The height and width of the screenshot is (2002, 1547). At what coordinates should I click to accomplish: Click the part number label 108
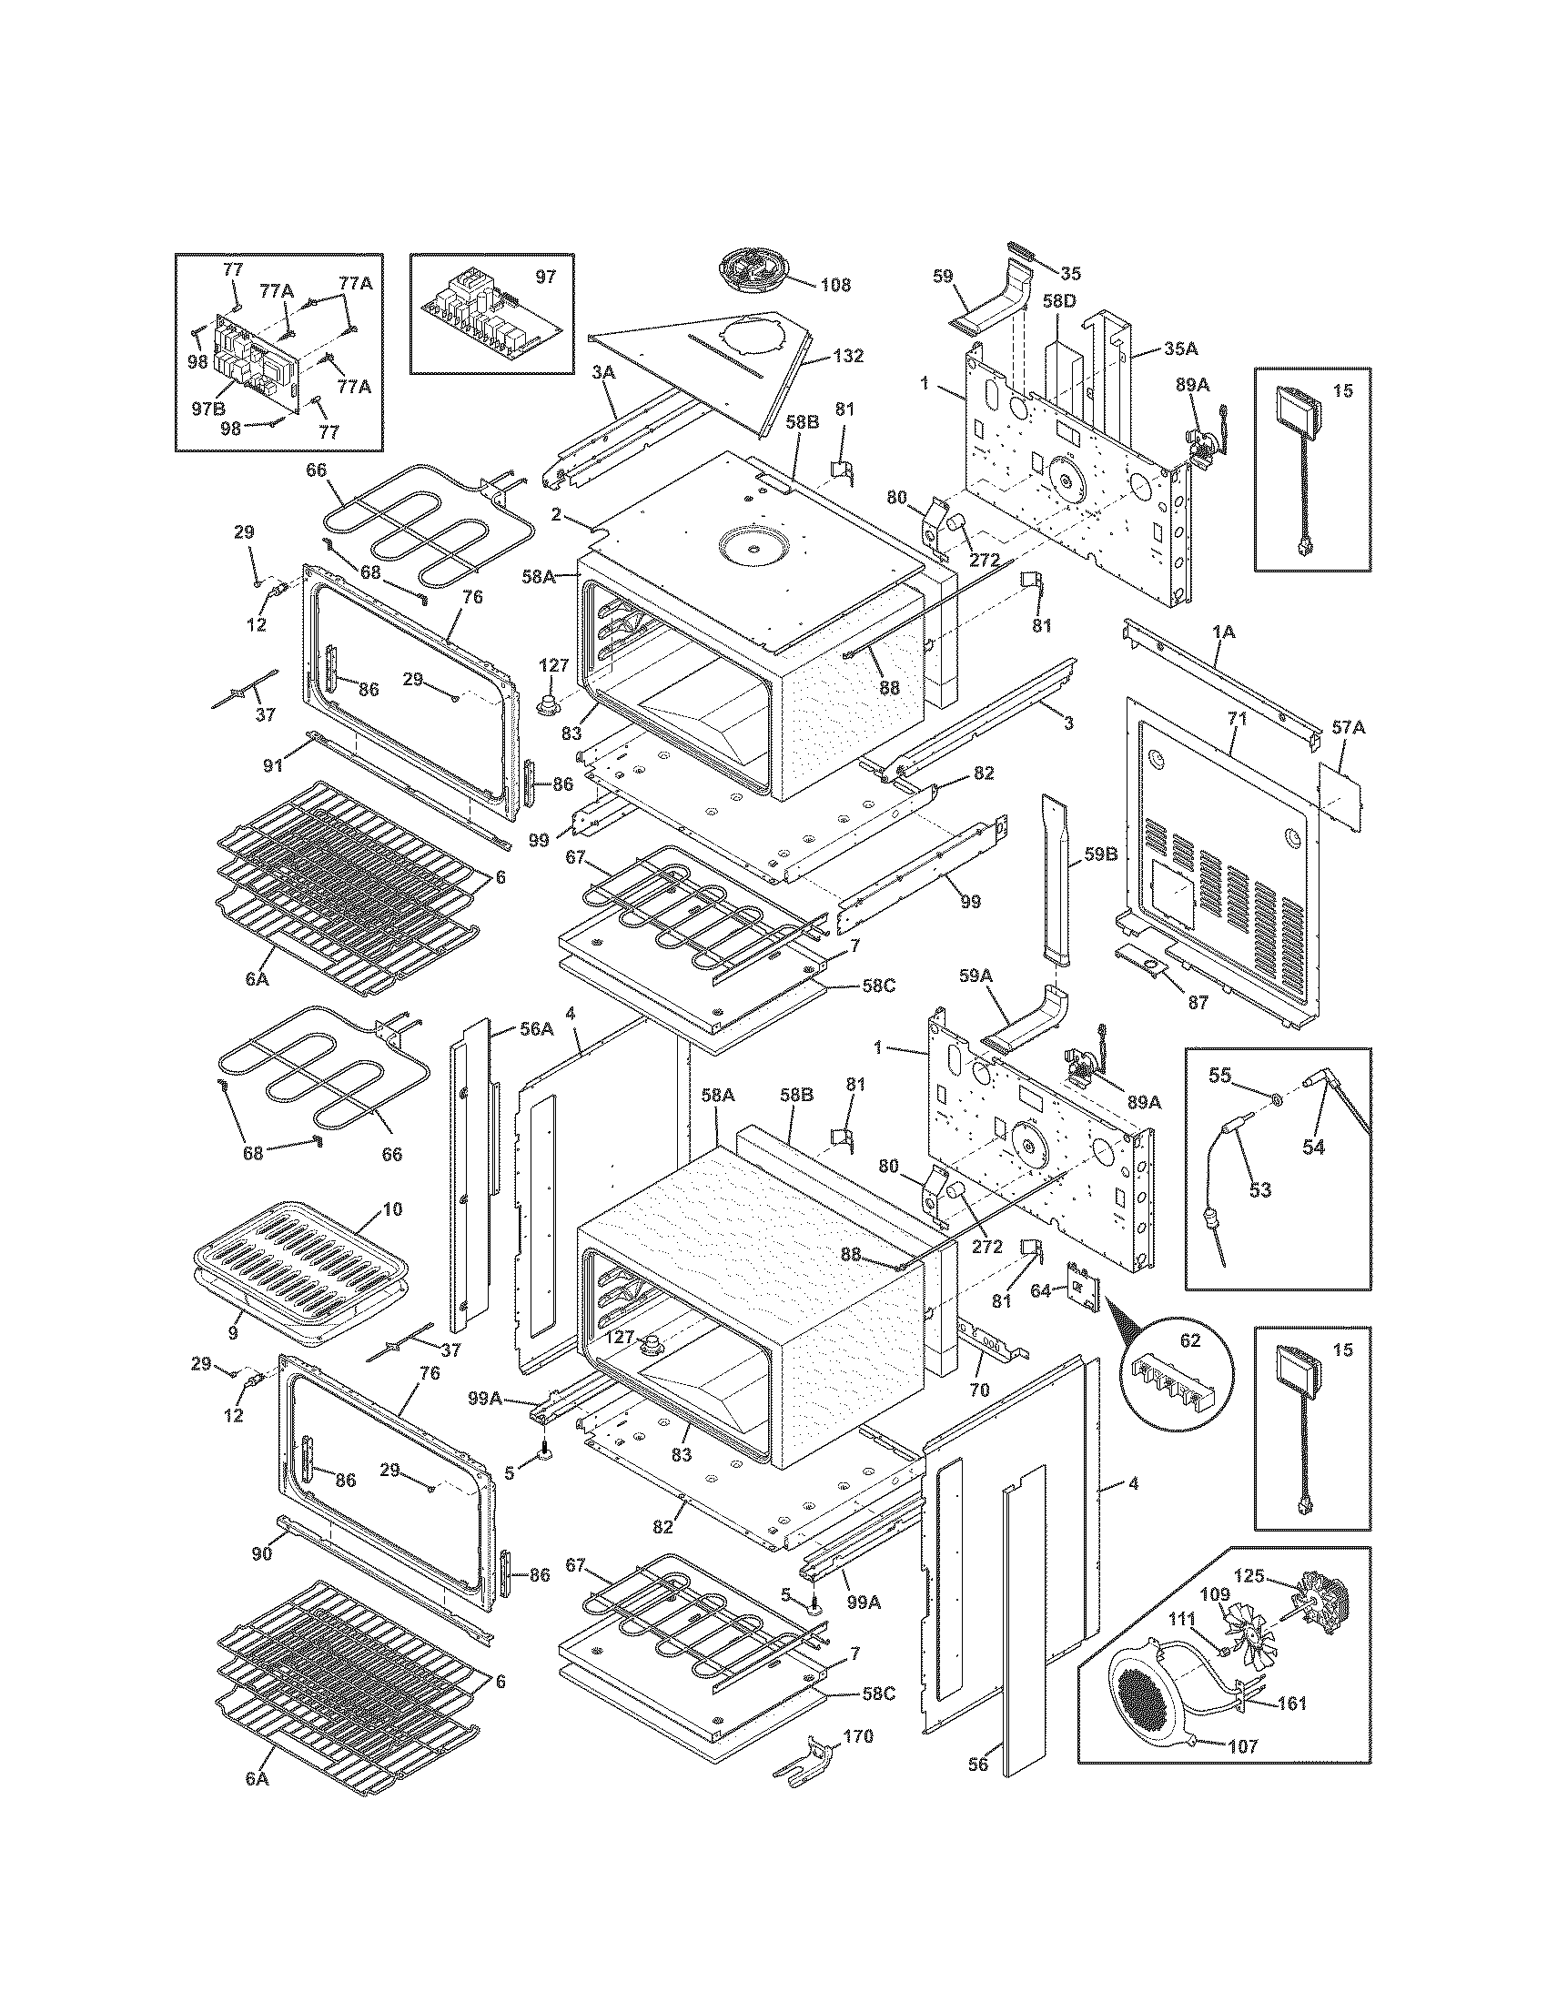click(834, 285)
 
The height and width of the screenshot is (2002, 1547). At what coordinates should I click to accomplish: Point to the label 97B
click(208, 409)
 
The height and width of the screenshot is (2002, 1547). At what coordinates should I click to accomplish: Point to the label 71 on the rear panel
click(1238, 719)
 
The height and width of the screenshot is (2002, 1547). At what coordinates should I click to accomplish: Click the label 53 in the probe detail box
click(1260, 1190)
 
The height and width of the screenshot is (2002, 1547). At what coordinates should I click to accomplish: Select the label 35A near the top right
click(1181, 349)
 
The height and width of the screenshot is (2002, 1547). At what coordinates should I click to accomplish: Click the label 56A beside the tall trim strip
click(536, 1029)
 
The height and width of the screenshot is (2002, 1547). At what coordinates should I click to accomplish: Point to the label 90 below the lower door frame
click(262, 1554)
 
